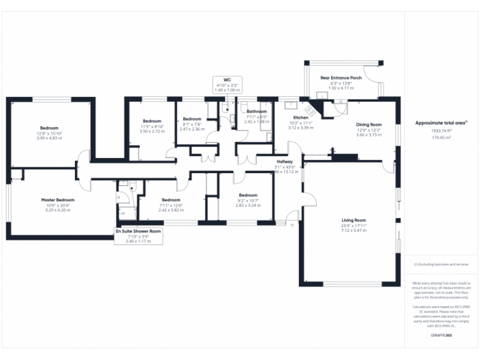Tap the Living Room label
(354, 220)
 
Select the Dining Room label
(369, 124)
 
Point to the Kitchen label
(301, 117)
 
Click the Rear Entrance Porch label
(341, 78)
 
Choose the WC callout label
(227, 80)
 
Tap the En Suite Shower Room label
(139, 231)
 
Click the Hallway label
(284, 162)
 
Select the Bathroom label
(256, 112)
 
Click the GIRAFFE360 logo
(442, 336)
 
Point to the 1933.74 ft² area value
(441, 131)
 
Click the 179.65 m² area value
(441, 136)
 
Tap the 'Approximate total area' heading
(441, 123)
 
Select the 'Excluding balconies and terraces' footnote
(442, 264)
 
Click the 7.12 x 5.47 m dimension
(354, 230)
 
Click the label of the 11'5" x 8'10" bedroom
(152, 121)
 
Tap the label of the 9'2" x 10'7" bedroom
(248, 195)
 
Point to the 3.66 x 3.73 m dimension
(369, 134)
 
